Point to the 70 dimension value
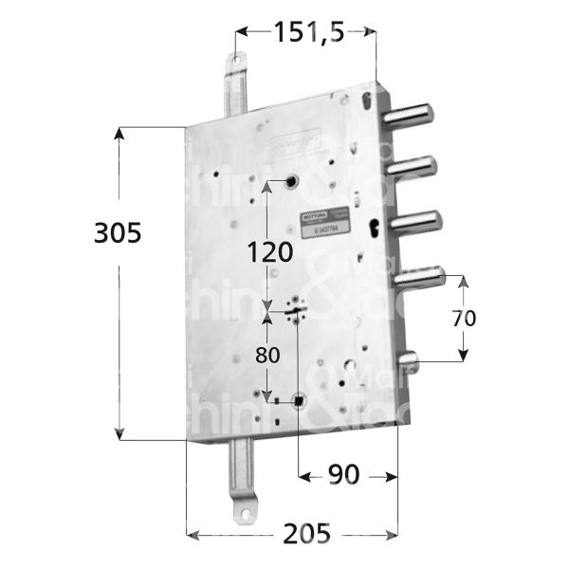click(463, 319)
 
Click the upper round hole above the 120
click(291, 181)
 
